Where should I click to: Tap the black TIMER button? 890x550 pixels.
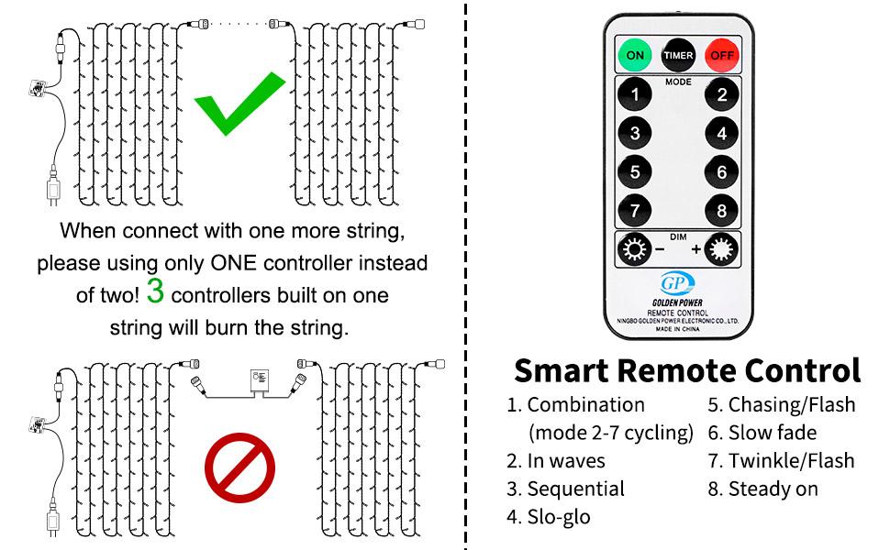[x=679, y=55]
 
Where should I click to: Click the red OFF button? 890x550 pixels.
[x=722, y=55]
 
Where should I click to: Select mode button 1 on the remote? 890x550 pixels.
[x=635, y=94]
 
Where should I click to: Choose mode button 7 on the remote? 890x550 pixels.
[x=635, y=210]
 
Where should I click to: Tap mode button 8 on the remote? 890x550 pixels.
[x=722, y=210]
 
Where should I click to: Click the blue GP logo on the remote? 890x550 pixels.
[x=678, y=282]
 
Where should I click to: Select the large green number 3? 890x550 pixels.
[x=155, y=293]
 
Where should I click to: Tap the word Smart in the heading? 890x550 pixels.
[x=561, y=370]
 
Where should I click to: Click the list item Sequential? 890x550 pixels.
[x=575, y=489]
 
